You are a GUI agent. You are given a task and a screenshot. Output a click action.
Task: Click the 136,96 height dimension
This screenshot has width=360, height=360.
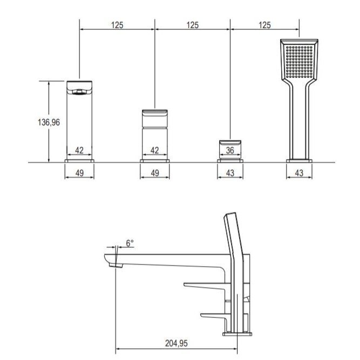click(49, 122)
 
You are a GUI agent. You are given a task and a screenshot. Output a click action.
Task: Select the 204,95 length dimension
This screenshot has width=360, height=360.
click(176, 343)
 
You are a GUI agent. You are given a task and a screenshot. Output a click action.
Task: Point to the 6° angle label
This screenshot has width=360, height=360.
click(130, 243)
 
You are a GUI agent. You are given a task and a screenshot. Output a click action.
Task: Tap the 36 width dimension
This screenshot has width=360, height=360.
click(230, 151)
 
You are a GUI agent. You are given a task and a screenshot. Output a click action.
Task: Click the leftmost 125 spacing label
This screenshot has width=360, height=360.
click(117, 25)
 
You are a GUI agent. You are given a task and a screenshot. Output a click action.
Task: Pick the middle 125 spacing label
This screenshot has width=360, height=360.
click(192, 25)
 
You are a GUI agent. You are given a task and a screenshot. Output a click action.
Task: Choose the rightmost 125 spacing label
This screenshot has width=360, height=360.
click(264, 25)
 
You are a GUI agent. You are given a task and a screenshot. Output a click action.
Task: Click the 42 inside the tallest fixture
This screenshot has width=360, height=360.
click(79, 151)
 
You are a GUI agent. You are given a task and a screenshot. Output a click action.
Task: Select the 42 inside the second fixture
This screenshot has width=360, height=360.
click(154, 151)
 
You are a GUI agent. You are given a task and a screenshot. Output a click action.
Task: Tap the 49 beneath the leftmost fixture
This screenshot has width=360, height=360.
click(79, 173)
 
